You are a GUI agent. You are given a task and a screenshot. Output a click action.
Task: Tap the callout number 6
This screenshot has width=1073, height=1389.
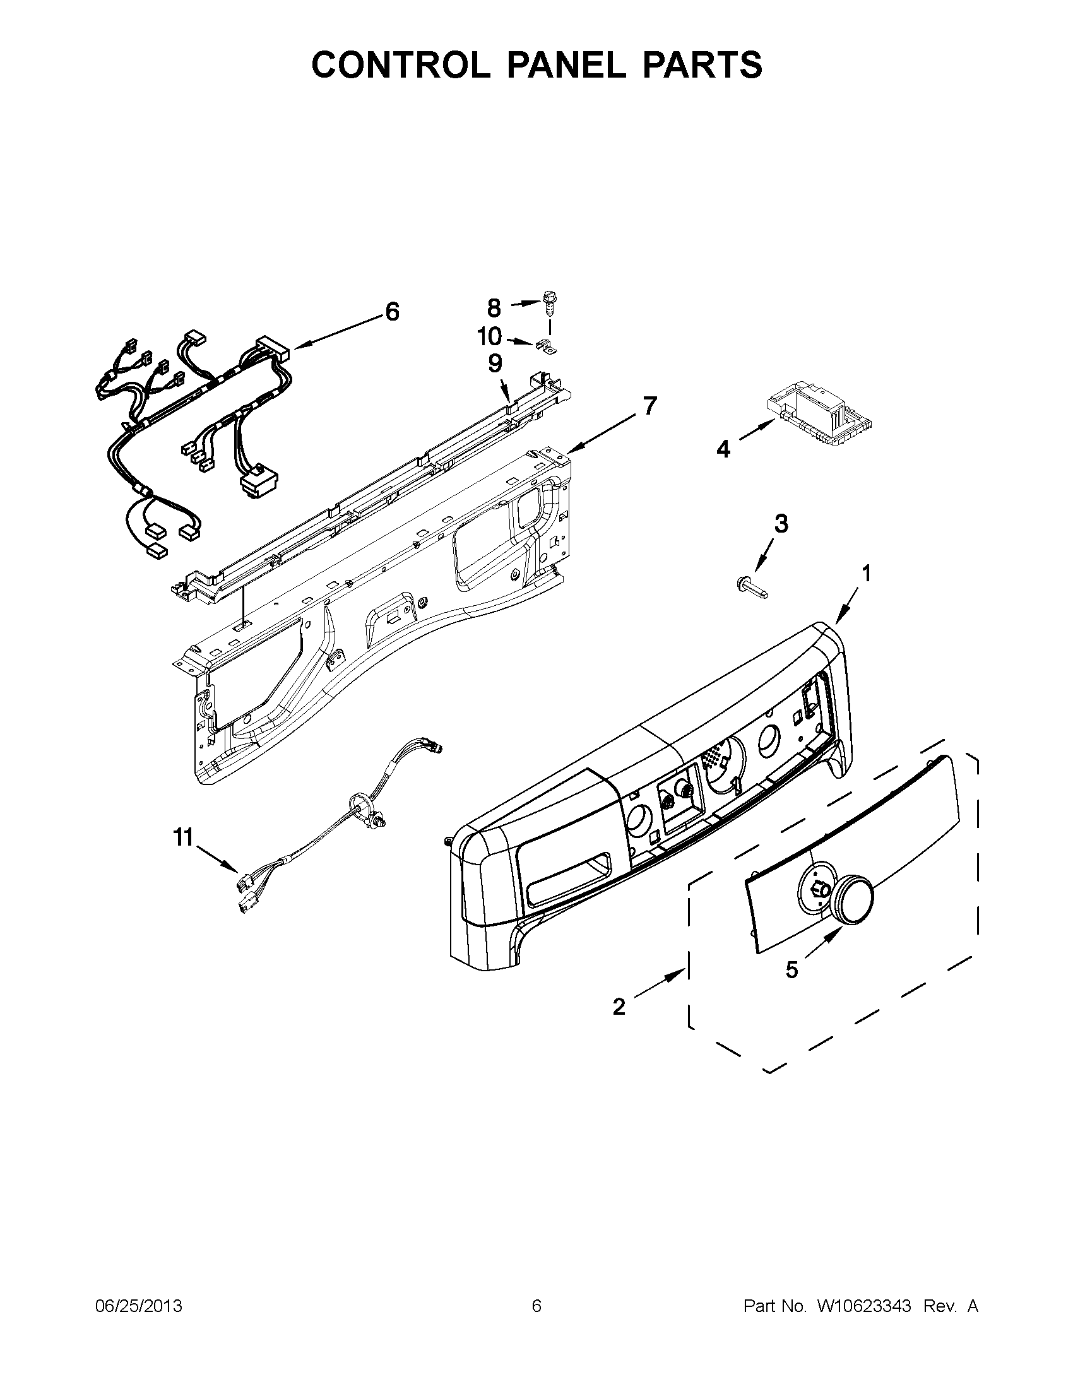[392, 312]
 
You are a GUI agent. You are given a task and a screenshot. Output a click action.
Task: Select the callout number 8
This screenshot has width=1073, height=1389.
[494, 309]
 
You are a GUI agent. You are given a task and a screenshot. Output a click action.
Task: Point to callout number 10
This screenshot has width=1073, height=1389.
[489, 336]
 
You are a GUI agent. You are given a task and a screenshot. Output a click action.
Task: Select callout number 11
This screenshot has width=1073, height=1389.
[183, 838]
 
